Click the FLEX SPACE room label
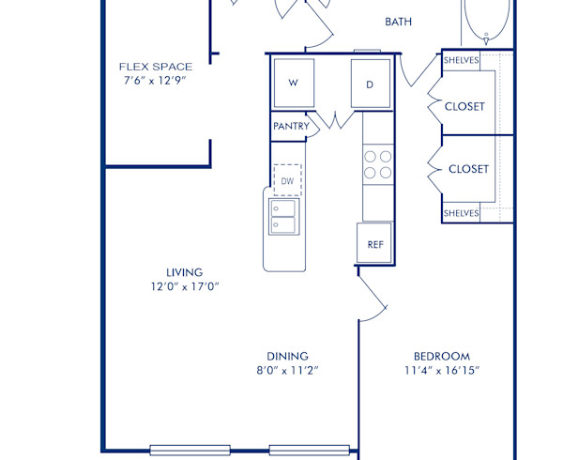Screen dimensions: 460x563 (156, 67)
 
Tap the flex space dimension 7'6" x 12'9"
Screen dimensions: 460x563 (156, 81)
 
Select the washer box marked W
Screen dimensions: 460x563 (293, 83)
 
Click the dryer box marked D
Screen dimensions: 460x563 (370, 84)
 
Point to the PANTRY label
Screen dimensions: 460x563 (291, 126)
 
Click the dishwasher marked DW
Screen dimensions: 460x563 (287, 180)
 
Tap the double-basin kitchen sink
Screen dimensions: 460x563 (283, 216)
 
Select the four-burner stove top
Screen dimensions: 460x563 (377, 164)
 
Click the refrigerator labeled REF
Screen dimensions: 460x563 (374, 243)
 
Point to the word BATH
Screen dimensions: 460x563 (399, 21)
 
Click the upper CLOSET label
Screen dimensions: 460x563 (464, 106)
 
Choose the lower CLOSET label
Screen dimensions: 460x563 (468, 169)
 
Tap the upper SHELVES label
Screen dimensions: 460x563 (461, 60)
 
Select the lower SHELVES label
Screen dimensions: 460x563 (461, 213)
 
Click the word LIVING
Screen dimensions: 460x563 (185, 272)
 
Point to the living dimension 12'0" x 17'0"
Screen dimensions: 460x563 (185, 286)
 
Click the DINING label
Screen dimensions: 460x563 (288, 356)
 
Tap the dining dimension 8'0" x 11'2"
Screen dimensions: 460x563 (288, 370)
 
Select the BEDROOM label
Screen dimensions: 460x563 (442, 356)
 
